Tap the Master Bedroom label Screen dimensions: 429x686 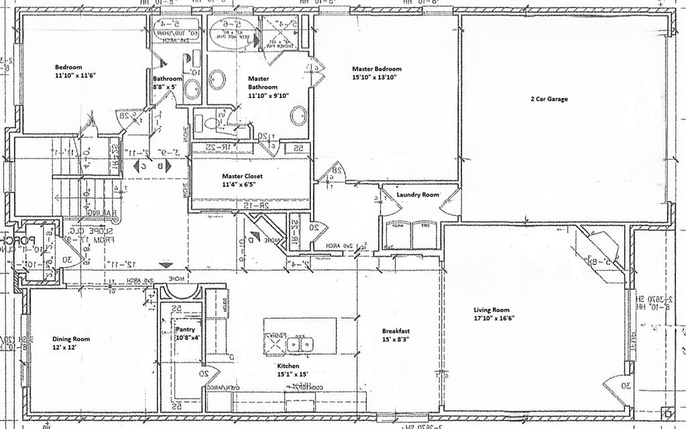(377, 73)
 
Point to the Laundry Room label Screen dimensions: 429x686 (417, 195)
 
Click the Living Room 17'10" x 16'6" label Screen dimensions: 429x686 (497, 314)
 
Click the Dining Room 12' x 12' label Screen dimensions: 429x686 (71, 344)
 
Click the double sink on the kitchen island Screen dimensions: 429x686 (302, 344)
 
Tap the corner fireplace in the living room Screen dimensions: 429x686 (602, 248)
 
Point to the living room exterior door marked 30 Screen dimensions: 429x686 (617, 389)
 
